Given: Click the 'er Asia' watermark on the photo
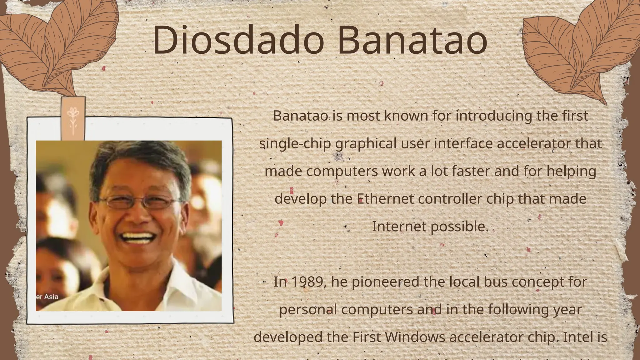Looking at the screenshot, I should (x=47, y=297).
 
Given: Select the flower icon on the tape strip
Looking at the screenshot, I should (x=73, y=120).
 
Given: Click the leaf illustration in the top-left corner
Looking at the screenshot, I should (x=56, y=44).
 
